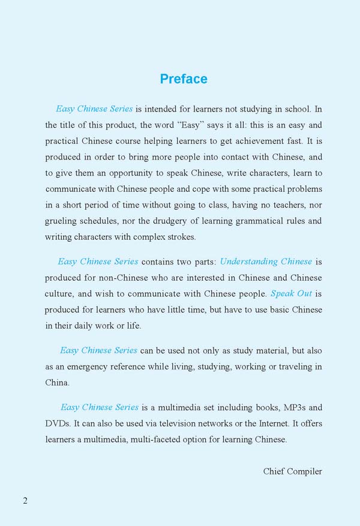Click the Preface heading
pos(184,79)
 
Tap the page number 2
pos(25,501)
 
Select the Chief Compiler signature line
pos(292,471)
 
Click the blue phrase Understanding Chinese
pos(266,262)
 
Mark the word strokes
pos(179,236)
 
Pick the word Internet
pos(272,423)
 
